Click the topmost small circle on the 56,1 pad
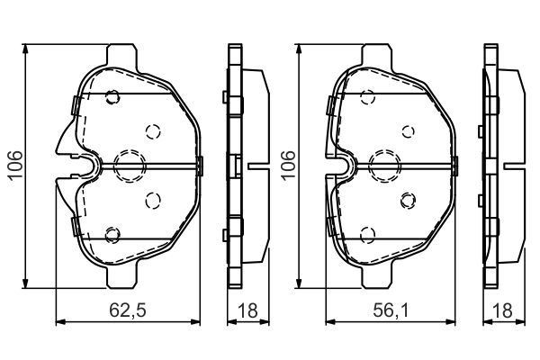point(366,97)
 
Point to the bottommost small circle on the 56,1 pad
point(366,235)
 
